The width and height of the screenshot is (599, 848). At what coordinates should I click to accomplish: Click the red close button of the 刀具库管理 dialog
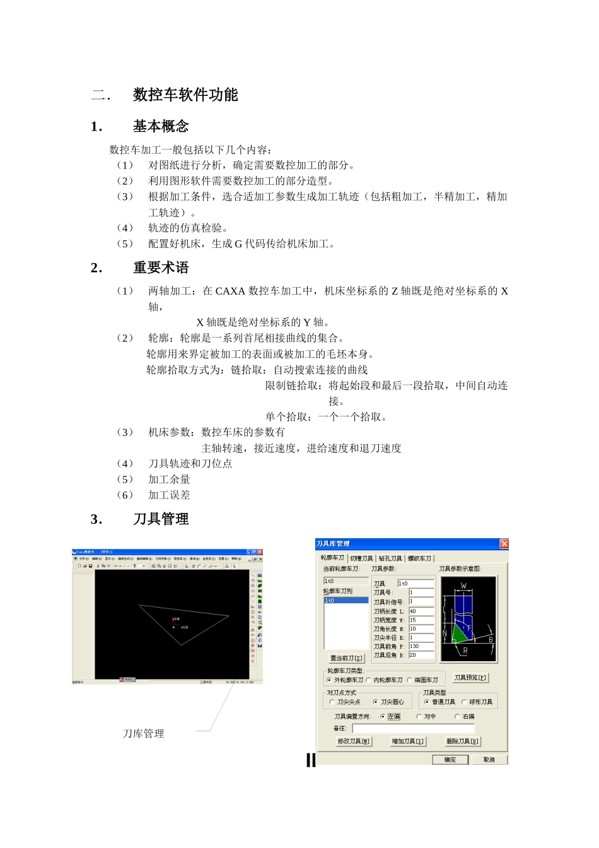coord(504,544)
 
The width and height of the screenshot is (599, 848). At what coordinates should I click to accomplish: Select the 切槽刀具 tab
coord(361,558)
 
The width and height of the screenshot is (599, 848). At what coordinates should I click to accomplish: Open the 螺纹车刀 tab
coord(420,558)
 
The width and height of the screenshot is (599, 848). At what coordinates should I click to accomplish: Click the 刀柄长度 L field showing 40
coord(421,611)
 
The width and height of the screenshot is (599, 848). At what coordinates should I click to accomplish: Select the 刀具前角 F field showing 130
coord(421,647)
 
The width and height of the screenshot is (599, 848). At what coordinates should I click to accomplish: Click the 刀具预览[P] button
coord(470,678)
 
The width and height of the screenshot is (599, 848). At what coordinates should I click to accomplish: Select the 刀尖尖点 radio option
coord(332,702)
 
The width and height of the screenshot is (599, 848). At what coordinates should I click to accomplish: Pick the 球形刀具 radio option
coord(465,702)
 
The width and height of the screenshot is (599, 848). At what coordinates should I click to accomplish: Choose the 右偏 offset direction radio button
coord(457,717)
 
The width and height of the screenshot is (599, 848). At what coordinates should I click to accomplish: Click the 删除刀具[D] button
coord(463,741)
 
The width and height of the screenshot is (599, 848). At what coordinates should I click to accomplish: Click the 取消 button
coord(489,760)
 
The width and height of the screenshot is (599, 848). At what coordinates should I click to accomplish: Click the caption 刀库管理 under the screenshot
coord(144,734)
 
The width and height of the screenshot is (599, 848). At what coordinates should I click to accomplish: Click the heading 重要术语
coord(161,268)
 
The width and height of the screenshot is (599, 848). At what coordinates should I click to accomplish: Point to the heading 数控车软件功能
coord(185,95)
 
